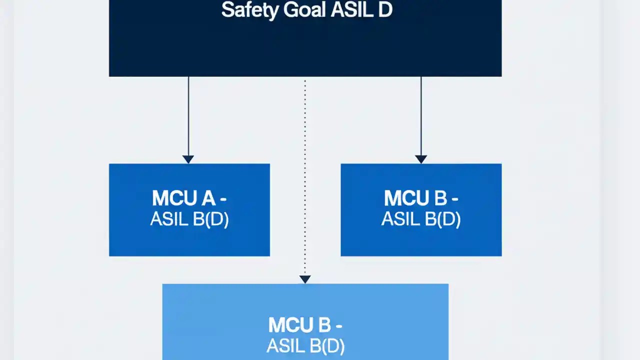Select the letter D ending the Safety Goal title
point(384,10)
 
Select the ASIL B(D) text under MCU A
point(189,219)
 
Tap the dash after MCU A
point(222,199)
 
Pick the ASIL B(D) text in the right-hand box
point(421,219)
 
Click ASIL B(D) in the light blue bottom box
point(305,346)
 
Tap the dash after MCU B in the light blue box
point(338,325)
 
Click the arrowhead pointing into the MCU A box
point(188,159)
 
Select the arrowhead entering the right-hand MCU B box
point(421,159)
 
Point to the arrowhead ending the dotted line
point(305,279)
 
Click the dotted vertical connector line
point(305,175)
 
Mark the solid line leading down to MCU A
point(188,115)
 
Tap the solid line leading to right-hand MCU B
point(421,115)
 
